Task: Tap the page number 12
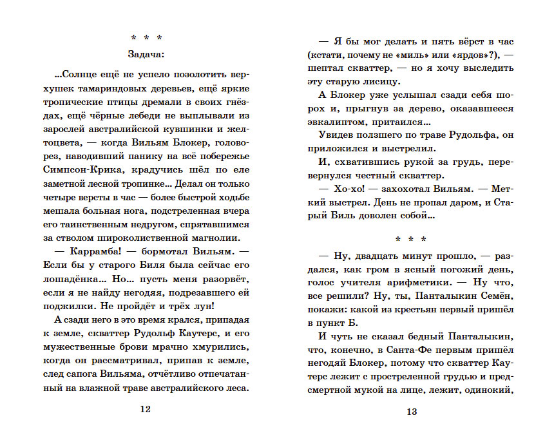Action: pyautogui.click(x=146, y=409)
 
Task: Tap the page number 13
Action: pyautogui.click(x=413, y=412)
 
